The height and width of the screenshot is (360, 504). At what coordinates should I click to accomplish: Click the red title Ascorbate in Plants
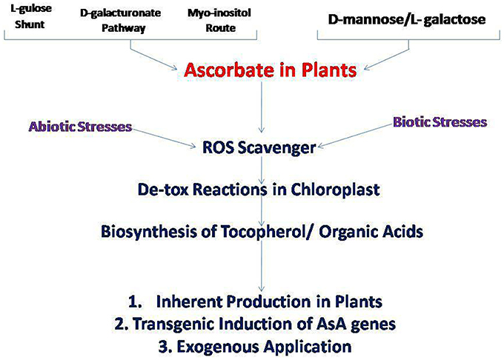(x=270, y=70)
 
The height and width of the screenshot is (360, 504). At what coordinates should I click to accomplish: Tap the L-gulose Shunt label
(x=31, y=16)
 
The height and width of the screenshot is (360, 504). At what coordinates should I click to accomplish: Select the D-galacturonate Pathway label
(x=121, y=21)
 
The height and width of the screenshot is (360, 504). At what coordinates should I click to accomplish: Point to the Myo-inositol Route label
(x=219, y=20)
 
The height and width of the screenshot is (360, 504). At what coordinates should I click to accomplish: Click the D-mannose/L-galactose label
(x=407, y=19)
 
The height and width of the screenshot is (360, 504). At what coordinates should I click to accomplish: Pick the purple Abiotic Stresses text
(x=80, y=127)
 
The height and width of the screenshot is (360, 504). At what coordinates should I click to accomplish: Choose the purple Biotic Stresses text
(x=440, y=122)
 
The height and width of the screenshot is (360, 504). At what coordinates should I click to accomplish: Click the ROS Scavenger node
(x=259, y=147)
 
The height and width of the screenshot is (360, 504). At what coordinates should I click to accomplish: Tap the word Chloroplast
(x=335, y=190)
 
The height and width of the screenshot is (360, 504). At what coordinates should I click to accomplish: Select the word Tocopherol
(x=262, y=232)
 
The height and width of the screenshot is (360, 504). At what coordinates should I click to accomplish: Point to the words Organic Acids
(x=371, y=232)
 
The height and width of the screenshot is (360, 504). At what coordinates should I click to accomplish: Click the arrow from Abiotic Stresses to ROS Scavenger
(x=164, y=139)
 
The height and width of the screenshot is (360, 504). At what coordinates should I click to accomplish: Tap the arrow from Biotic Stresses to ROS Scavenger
(x=355, y=136)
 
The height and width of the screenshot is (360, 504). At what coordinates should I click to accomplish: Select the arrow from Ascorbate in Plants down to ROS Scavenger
(x=262, y=107)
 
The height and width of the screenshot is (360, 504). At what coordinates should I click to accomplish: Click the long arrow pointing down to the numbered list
(x=262, y=266)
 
